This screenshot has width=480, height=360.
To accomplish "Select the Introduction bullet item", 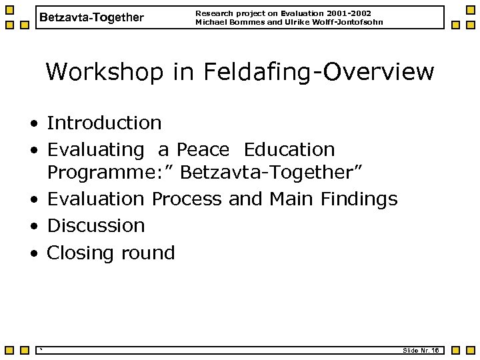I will [104, 123].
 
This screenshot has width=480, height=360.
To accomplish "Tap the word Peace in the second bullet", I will [203, 149].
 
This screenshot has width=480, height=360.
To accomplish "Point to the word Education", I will [289, 149].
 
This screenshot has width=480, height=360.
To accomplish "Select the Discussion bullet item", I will [96, 225].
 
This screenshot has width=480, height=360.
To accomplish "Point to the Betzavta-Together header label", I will [91, 18].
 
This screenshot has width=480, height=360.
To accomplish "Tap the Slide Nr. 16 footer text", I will [420, 350].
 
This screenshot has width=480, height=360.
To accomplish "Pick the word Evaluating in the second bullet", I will [95, 149].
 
